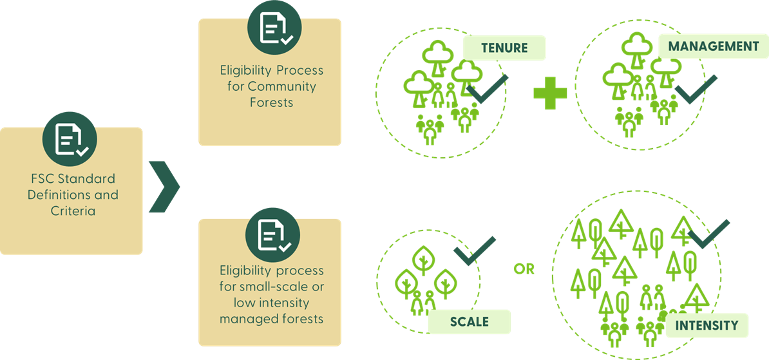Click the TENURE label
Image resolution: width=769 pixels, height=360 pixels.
504,48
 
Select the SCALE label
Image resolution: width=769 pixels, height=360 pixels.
469,321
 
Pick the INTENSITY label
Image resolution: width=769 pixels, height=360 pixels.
706,325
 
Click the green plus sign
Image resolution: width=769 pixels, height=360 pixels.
550,93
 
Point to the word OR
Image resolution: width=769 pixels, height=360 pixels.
524,269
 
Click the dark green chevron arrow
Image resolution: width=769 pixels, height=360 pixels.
164,187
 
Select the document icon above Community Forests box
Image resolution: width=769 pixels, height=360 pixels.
274,28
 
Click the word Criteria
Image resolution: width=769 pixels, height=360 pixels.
73,211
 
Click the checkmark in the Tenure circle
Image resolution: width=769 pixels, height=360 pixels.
488,90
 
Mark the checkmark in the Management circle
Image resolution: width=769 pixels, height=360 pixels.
695,91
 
